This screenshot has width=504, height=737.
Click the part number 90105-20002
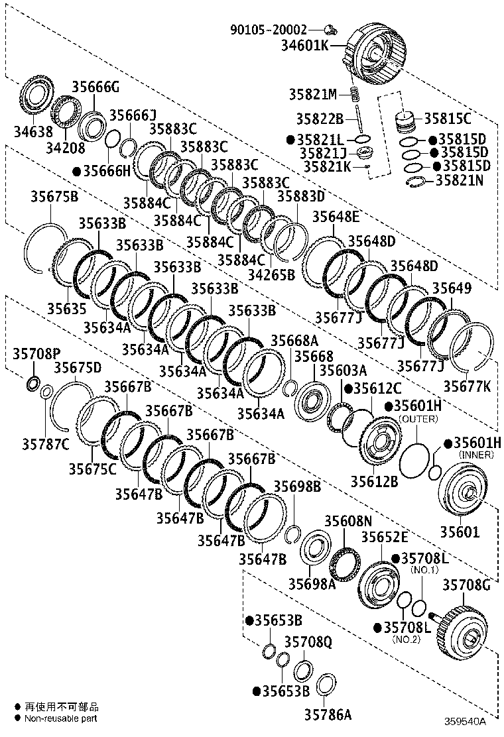[269, 30]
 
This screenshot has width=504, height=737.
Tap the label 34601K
[305, 45]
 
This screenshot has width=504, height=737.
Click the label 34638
[33, 132]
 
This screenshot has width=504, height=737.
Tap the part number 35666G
[95, 86]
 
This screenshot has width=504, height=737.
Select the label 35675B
[54, 196]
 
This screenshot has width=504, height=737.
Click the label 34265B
[271, 274]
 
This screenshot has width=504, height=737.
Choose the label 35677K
[468, 386]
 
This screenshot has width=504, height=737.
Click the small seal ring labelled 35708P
[33, 384]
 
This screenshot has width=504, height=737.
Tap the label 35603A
[343, 370]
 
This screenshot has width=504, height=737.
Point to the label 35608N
[348, 521]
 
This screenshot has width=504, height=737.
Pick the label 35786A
[328, 714]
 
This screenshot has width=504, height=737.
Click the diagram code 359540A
[466, 721]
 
